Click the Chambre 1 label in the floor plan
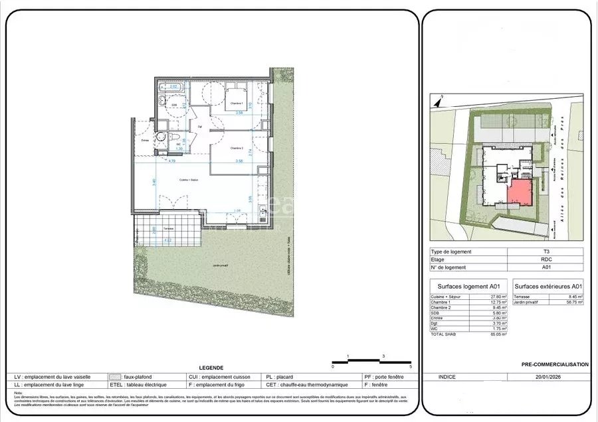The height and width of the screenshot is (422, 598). click(x=237, y=104)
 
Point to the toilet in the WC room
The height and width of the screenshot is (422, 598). click(x=175, y=139)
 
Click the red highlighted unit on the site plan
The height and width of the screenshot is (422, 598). click(x=520, y=193)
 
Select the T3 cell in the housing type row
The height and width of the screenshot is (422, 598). click(x=545, y=251)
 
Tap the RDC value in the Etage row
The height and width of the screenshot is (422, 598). click(x=545, y=259)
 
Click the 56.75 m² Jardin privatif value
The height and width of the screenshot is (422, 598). click(x=575, y=302)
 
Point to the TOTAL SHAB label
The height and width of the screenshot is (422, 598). click(x=444, y=334)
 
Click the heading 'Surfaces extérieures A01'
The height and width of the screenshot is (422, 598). click(x=548, y=286)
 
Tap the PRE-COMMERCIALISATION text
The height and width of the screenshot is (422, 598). click(x=555, y=364)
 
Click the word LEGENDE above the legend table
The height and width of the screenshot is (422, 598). click(x=211, y=368)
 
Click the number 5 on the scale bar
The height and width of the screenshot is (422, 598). click(x=411, y=366)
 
